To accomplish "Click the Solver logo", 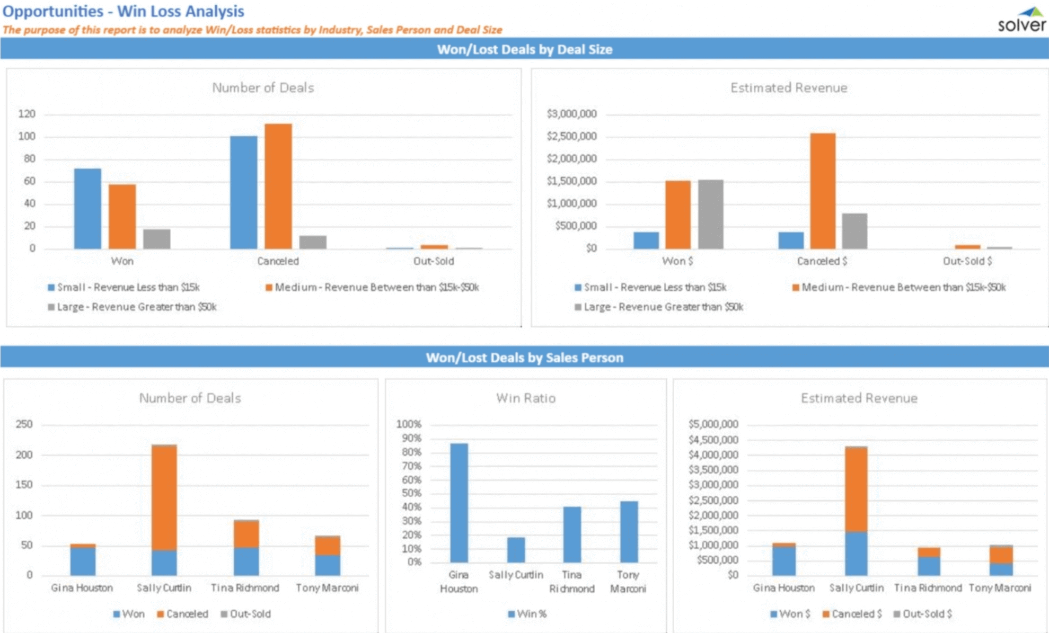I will [1021, 20].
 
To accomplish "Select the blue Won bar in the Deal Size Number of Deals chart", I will [87, 209].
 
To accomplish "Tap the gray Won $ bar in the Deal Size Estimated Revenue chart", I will [710, 215].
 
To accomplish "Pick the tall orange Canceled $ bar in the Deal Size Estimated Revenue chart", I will [823, 191].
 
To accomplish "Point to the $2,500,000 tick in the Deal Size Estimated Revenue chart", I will [571, 137].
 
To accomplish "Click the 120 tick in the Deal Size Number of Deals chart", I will [27, 114].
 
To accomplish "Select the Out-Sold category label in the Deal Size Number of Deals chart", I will [434, 261].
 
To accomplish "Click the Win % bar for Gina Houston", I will [459, 503].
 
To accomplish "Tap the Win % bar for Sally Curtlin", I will [516, 550].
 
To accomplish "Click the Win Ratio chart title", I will [525, 398].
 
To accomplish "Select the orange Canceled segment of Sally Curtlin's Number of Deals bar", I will [164, 498].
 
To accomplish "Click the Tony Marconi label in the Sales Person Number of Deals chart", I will [327, 588].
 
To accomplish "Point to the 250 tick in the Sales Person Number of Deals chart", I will [24, 424].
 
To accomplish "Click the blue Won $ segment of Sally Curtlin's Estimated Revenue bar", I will [856, 554].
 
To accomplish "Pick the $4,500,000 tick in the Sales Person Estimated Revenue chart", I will [713, 440].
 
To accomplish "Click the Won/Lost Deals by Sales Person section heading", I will [524, 358].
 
